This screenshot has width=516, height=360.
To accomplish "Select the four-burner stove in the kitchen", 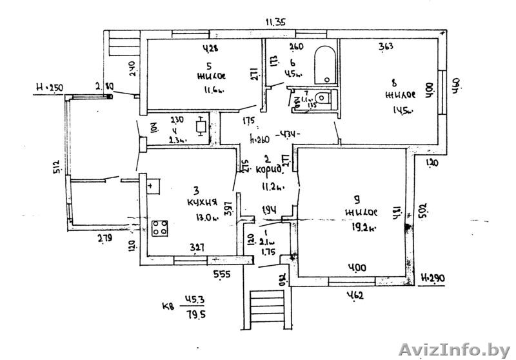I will point(161,228).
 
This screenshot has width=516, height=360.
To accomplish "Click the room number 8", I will point(394,82).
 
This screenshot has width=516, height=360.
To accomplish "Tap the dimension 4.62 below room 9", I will point(353,297).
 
